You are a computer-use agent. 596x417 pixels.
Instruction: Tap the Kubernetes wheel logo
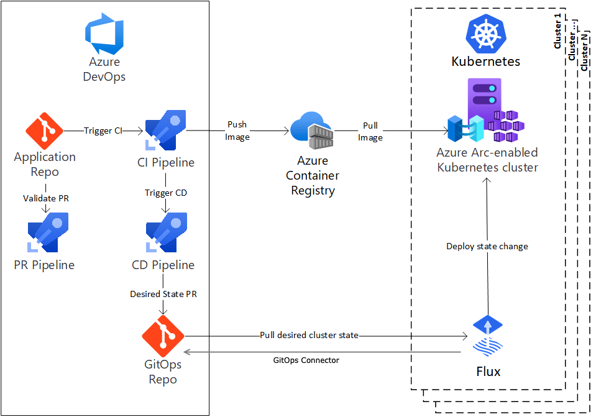pos(486,34)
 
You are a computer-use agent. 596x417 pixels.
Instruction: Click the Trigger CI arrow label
pos(103,131)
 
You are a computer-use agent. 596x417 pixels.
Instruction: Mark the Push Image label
pos(237,131)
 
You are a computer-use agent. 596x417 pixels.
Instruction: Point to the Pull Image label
pos(370,131)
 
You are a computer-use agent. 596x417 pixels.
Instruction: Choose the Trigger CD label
pos(165,193)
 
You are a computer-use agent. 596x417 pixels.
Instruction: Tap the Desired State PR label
pos(163,294)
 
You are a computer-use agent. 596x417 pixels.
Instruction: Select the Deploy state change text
pos(487,246)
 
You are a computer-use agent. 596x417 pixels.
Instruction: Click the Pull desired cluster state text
pos(309,335)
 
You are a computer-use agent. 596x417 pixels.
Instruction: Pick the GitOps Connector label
pos(306,360)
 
